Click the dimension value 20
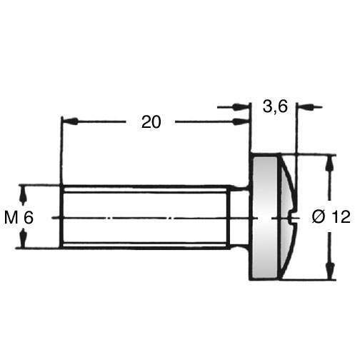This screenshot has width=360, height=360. (x=151, y=122)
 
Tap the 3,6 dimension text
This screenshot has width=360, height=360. (x=275, y=106)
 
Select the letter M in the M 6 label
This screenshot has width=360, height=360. (x=11, y=217)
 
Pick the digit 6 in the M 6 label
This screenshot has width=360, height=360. (x=29, y=217)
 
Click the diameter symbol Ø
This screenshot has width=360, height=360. (x=319, y=216)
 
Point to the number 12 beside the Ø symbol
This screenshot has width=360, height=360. (x=341, y=216)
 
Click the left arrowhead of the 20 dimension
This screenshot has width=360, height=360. (x=70, y=121)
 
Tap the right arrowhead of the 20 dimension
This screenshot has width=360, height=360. (x=241, y=121)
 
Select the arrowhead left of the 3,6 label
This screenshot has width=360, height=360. (x=241, y=107)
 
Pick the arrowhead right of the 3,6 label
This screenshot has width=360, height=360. (x=305, y=107)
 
